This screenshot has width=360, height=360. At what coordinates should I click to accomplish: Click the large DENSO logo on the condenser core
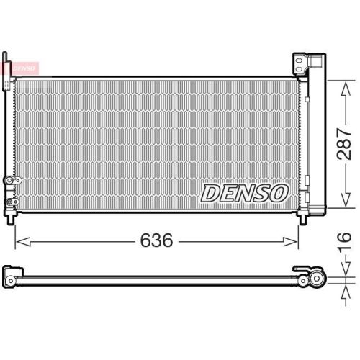pyautogui.click(x=244, y=192)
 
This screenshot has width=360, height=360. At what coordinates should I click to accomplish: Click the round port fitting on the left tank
pyautogui.click(x=6, y=180)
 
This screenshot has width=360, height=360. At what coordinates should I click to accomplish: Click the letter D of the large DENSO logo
pyautogui.click(x=210, y=192)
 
